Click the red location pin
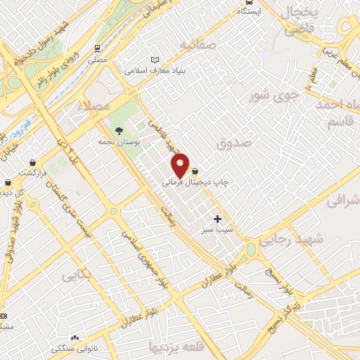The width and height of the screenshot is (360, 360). [181, 166]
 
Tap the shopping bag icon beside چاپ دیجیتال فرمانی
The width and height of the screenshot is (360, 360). [195, 171]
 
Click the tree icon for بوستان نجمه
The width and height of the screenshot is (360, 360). [118, 131]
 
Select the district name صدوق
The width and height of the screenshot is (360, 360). [234, 143]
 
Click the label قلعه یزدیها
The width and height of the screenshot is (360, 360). [176, 347]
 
